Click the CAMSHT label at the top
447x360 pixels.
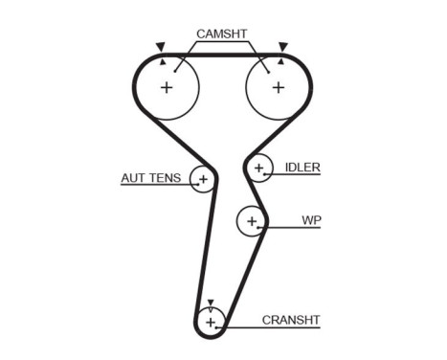click(221, 34)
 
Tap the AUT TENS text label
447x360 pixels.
click(151, 178)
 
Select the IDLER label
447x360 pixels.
click(302, 167)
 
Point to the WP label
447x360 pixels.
click(311, 220)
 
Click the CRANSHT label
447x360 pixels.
click(291, 320)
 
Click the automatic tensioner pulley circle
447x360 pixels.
click(203, 179)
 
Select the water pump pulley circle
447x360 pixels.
click(252, 221)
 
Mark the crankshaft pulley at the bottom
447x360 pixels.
click(211, 321)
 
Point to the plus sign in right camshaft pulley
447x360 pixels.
click(278, 87)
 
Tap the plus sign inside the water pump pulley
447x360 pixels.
click(252, 221)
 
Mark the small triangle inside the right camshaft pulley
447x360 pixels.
click(279, 62)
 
